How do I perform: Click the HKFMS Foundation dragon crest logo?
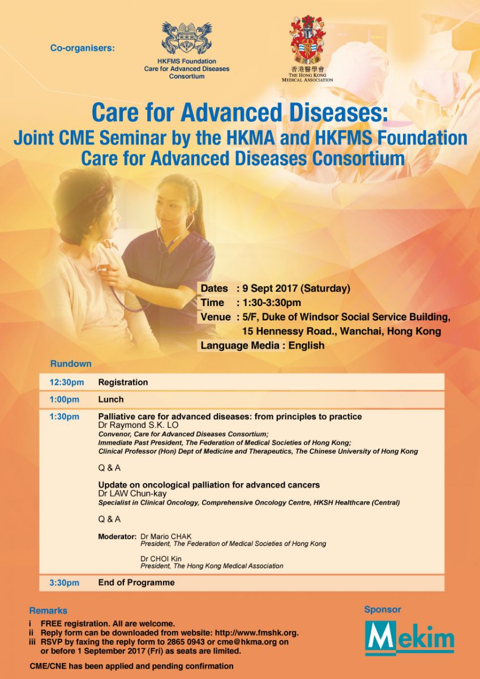[187, 38]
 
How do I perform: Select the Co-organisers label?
[83, 48]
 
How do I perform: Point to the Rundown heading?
[71, 364]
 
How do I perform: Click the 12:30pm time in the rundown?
[67, 383]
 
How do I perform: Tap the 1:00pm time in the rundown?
[65, 399]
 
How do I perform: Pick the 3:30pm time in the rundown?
[65, 583]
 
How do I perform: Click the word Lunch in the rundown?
[111, 399]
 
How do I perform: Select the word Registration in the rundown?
[123, 383]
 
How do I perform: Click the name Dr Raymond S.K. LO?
[138, 425]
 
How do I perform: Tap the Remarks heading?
[48, 610]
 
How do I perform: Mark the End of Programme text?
[136, 582]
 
